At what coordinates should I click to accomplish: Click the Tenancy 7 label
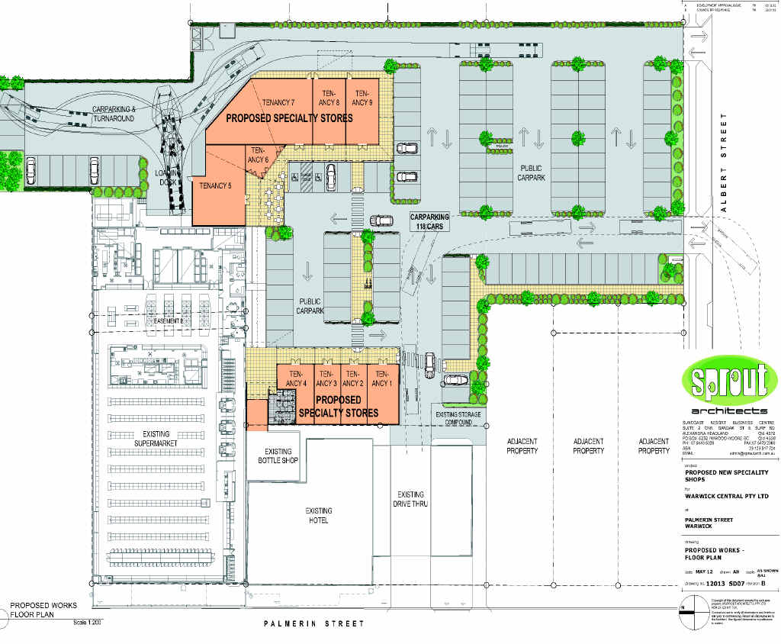[x=278, y=103]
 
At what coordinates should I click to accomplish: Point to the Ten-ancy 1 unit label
[x=381, y=378]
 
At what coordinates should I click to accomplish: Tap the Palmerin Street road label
[x=313, y=623]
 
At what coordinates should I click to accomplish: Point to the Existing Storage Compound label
[x=458, y=418]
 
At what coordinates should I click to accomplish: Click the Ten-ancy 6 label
[x=258, y=155]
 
